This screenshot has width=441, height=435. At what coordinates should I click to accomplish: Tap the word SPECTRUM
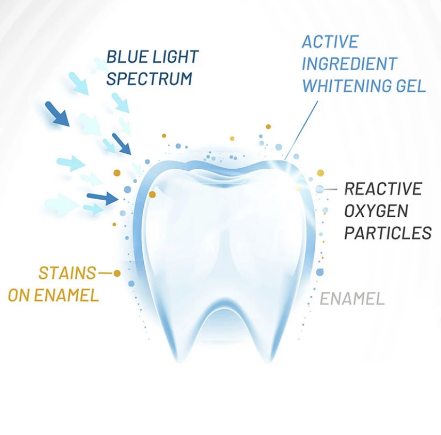point(149,78)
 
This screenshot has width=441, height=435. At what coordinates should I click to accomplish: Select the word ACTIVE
point(330,42)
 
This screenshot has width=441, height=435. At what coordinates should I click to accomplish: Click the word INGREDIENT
point(349,63)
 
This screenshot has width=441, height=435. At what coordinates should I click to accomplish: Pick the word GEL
point(411,86)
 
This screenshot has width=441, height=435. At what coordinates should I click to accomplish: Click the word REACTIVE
point(383,188)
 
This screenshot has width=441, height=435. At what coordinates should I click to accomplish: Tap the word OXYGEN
point(376,211)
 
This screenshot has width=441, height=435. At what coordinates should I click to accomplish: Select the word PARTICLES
point(388,233)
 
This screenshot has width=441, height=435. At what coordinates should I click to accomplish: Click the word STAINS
point(67,273)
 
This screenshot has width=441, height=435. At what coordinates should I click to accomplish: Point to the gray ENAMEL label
point(352,298)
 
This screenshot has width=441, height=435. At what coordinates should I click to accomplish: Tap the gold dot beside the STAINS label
point(117,273)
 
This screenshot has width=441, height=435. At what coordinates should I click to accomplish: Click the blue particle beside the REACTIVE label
point(320,189)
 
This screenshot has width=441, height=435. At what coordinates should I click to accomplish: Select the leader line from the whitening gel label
point(301,130)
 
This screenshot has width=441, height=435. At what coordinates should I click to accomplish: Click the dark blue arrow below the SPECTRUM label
point(121,144)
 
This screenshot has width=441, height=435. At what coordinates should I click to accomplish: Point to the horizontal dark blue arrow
point(103,198)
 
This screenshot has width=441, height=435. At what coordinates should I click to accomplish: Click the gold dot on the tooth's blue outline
point(152,194)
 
